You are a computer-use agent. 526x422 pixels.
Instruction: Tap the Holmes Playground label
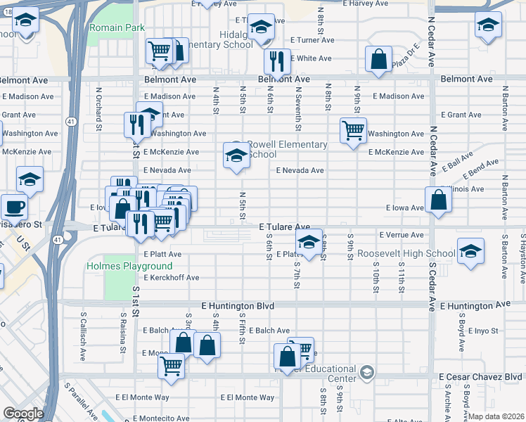[129, 267]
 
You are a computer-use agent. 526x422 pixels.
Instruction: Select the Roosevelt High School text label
[406, 253]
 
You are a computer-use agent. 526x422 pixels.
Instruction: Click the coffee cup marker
[14, 207]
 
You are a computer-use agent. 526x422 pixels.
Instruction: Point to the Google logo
[23, 414]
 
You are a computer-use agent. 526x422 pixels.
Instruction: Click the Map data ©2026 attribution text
[496, 416]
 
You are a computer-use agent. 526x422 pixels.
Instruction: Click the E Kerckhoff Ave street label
[172, 278]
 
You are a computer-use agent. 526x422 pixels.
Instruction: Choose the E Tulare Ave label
[284, 227]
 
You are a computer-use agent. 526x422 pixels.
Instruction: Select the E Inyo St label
[482, 331]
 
